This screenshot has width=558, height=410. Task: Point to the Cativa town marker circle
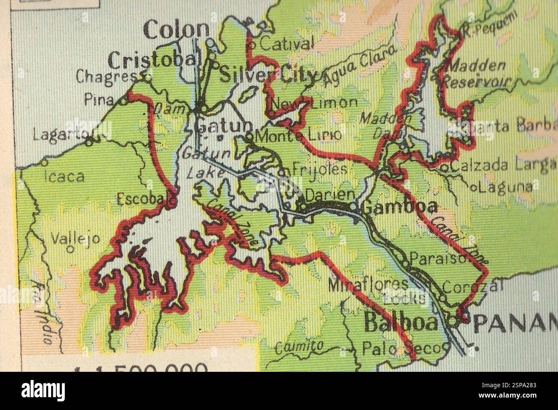tap(253, 43)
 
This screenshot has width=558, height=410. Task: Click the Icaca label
tap(64, 177)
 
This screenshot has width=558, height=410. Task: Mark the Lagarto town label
tap(60, 136)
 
